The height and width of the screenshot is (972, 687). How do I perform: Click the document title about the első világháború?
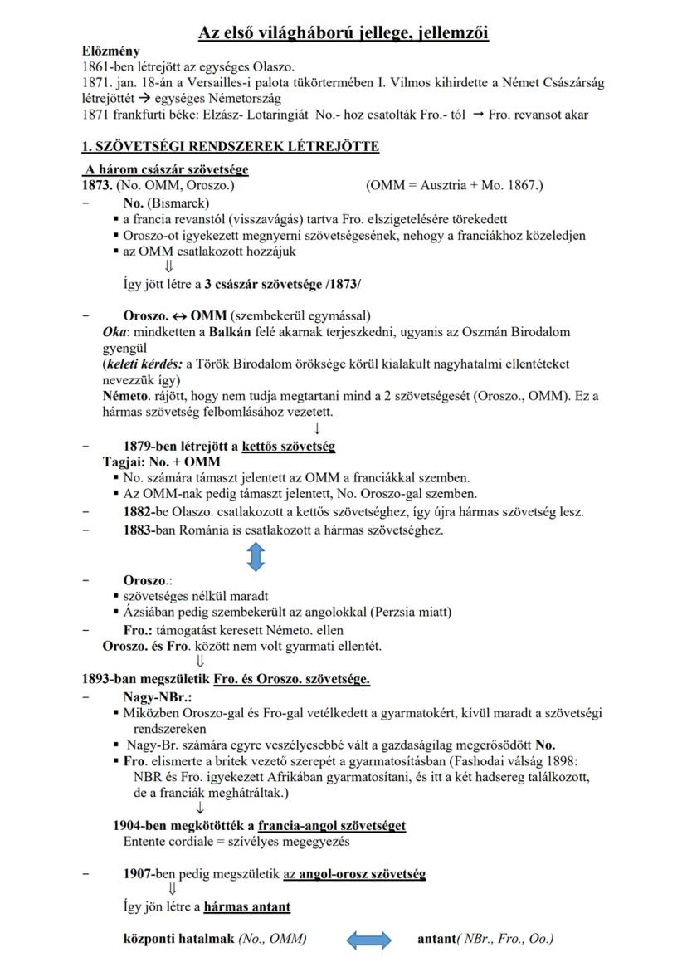tap(343, 33)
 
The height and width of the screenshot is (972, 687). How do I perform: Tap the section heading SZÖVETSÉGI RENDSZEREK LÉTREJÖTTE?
tap(230, 147)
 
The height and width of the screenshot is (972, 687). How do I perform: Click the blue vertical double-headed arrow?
tap(256, 555)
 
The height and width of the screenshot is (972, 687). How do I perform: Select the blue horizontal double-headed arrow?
tap(368, 940)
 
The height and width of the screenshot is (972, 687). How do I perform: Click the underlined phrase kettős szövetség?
tap(289, 447)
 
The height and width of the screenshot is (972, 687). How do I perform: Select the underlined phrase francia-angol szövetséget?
tap(332, 826)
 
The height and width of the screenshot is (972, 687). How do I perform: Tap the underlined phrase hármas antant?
tap(247, 906)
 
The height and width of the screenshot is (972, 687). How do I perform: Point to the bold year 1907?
tap(139, 874)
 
